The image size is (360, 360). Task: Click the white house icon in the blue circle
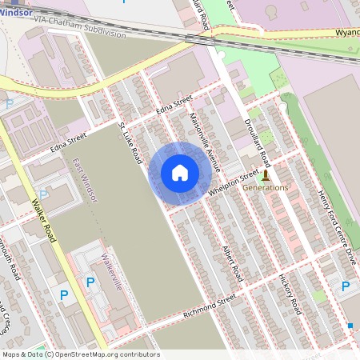point(180,173)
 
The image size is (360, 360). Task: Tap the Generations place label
point(265,187)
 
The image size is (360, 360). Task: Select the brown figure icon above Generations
point(266,174)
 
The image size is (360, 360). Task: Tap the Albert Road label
point(232,262)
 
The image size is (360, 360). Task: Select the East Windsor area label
point(85,181)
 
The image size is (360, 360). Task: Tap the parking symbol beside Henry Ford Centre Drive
point(346,286)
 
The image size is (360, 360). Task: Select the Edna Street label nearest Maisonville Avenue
point(174,105)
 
